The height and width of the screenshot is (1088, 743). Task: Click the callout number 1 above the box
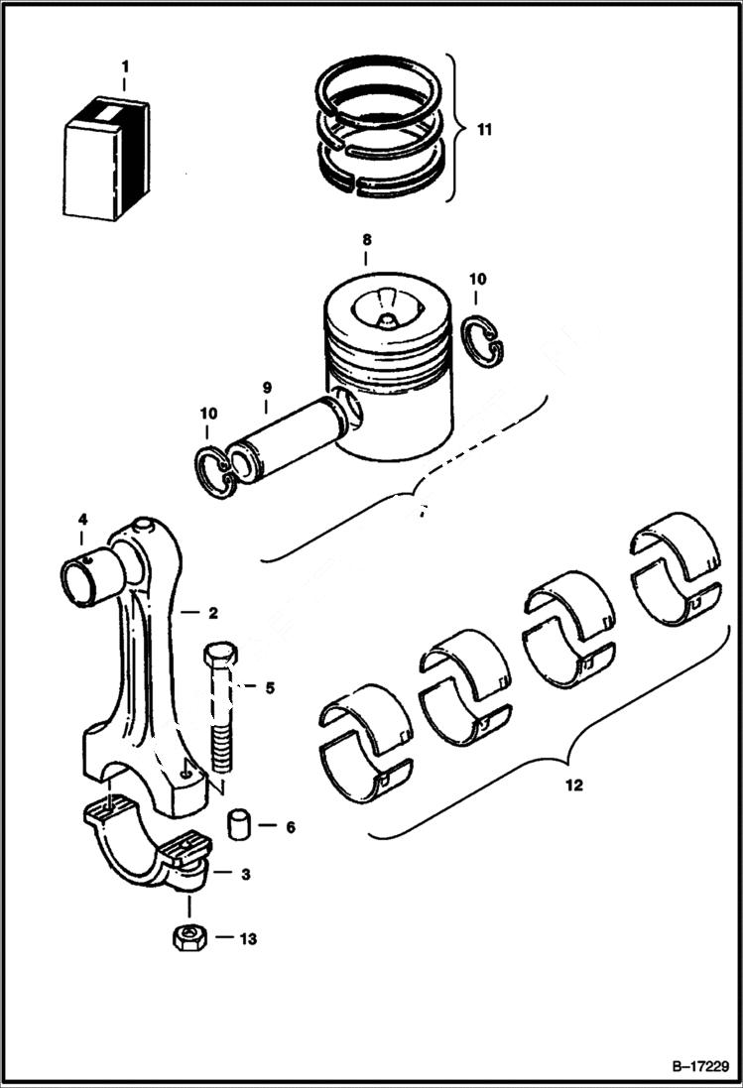tap(125, 66)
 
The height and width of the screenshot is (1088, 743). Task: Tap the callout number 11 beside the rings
tap(482, 129)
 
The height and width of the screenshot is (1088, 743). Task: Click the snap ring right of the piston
tap(483, 339)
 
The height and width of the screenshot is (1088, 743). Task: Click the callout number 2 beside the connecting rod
tap(212, 612)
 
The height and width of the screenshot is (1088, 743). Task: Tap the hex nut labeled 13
tap(188, 936)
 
